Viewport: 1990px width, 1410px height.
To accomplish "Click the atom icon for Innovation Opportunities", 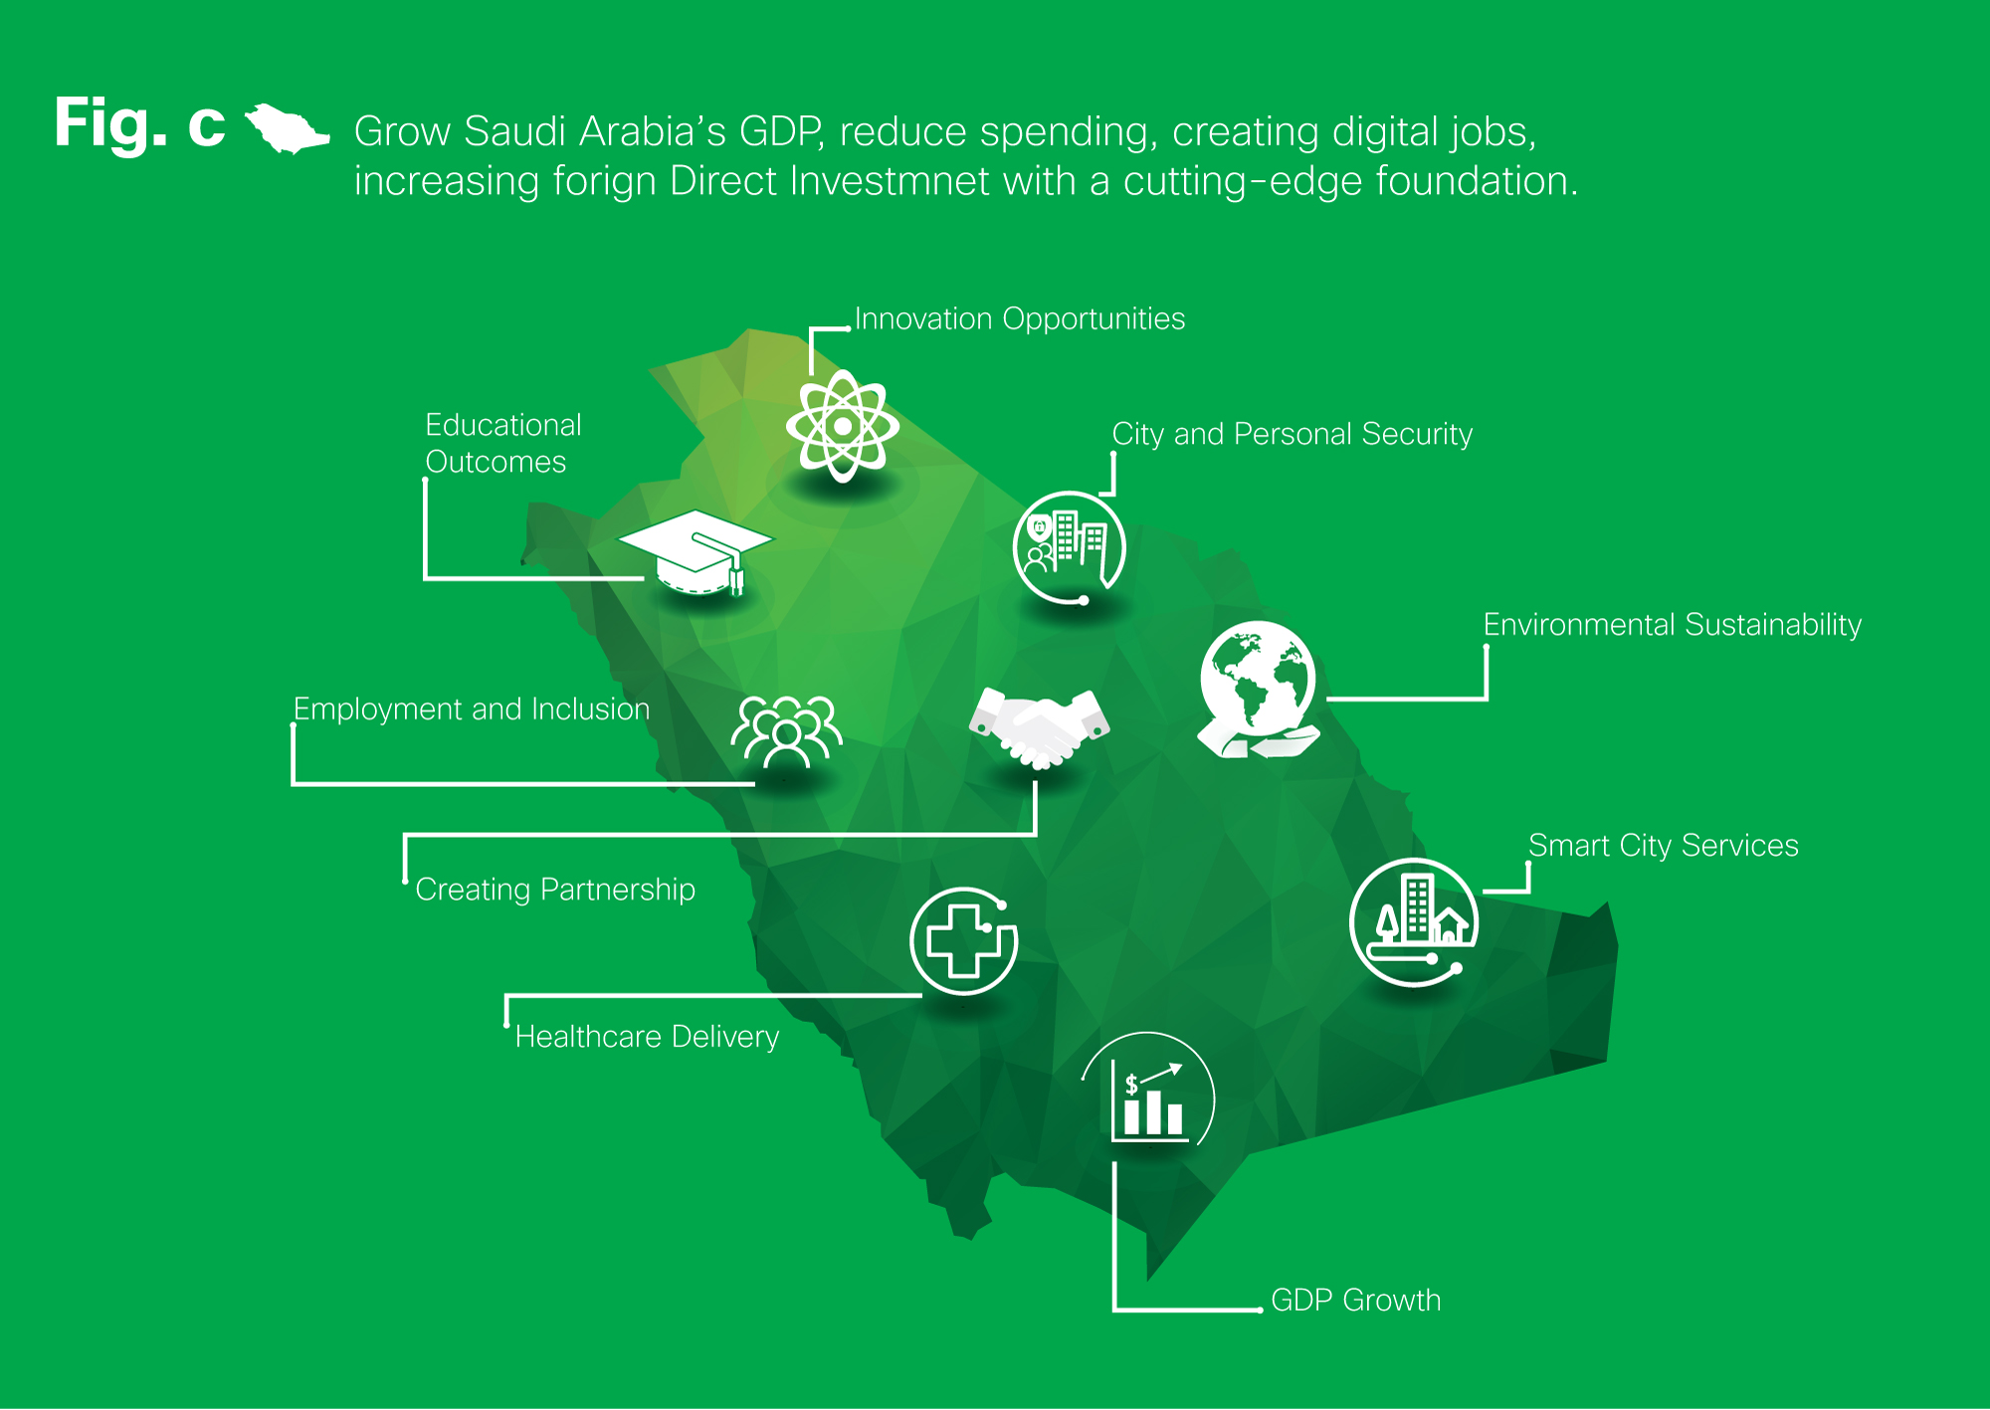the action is [x=843, y=426].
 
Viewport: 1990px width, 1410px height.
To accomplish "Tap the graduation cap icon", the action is [x=696, y=553].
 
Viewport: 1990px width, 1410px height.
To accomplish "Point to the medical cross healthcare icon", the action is [x=963, y=940].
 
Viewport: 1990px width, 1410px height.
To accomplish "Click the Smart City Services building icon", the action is [x=1414, y=921].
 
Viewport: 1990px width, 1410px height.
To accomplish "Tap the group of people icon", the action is [x=787, y=731].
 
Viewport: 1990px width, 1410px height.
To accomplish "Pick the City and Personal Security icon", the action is [x=1070, y=547].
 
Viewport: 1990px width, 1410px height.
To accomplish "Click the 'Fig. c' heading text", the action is [x=140, y=124].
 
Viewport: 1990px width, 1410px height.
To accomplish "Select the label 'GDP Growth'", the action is [x=1356, y=1300].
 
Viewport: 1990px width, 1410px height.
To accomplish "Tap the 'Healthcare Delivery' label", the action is [x=647, y=1037].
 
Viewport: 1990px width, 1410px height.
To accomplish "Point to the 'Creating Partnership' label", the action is [x=555, y=890].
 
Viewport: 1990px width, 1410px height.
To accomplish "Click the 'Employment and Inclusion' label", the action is [x=472, y=708].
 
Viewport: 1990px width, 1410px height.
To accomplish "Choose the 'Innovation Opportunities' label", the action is [x=1020, y=319].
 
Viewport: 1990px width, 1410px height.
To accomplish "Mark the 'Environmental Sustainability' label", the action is [x=1673, y=625].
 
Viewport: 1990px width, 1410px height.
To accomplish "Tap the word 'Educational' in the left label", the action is [x=503, y=425].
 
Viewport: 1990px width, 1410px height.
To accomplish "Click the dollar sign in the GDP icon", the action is [x=1131, y=1085].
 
